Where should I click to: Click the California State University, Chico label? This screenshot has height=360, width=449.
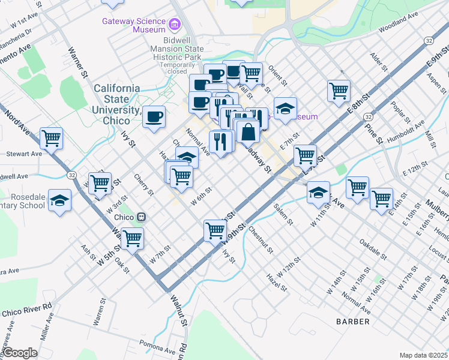tap(116, 99)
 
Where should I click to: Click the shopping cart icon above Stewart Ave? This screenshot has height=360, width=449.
tap(52, 137)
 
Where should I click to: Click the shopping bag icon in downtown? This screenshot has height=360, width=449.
tap(247, 130)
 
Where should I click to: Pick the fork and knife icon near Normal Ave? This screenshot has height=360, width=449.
tap(221, 141)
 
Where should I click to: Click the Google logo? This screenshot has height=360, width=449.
tap(20, 353)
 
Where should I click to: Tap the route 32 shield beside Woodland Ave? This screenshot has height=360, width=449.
tap(427, 40)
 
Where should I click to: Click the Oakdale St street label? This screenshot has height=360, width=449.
tap(372, 250)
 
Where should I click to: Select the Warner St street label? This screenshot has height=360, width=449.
tap(77, 62)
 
